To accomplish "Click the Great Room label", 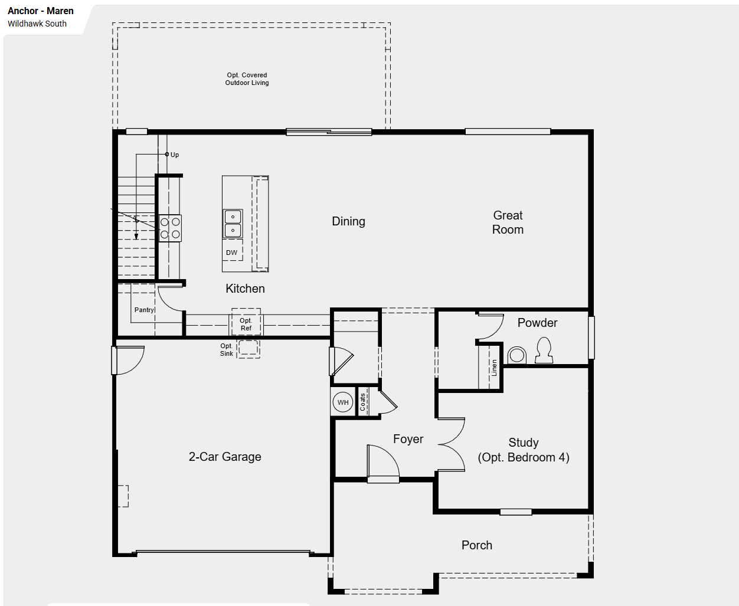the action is [508, 222].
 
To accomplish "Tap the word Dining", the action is [348, 221].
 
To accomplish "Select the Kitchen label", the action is [245, 289].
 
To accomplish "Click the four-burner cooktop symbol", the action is [171, 228].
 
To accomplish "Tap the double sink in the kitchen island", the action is [233, 224].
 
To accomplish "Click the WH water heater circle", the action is [343, 402].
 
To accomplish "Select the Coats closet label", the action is [362, 402].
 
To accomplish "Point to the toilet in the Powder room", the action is [544, 351].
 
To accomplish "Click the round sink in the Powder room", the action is [517, 355].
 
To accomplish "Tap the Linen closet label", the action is [494, 368].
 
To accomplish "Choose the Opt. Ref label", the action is [246, 325].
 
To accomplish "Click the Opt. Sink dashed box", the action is [248, 349].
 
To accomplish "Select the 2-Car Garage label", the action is [225, 457].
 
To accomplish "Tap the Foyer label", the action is [408, 439].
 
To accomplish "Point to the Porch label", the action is [477, 545].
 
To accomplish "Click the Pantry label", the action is [145, 310].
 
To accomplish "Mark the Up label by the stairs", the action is [175, 155].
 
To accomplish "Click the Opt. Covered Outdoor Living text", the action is [247, 79].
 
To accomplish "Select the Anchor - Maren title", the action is [41, 11].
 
